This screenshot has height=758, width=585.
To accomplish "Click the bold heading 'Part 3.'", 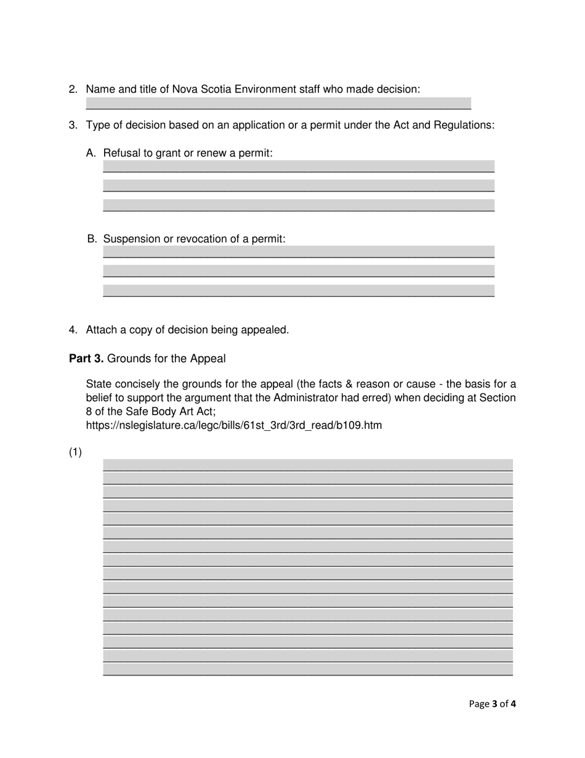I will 86,359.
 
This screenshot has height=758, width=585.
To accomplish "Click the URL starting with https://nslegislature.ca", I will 233,425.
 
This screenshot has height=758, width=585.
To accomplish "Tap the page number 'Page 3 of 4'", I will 492,704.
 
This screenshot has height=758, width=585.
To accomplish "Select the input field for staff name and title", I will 278,104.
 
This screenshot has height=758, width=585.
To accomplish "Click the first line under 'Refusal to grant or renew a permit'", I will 299,166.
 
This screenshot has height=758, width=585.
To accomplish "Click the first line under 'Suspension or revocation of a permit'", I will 299,252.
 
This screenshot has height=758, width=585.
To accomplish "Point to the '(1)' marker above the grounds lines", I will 75,453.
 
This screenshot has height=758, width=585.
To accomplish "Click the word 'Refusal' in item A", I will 122,153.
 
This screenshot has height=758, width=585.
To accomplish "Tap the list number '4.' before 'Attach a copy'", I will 73,330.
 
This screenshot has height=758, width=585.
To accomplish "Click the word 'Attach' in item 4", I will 102,330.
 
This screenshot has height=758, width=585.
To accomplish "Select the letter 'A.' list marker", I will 92,153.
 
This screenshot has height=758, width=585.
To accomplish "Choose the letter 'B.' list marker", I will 92,238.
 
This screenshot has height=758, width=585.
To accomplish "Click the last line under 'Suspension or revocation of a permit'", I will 299,291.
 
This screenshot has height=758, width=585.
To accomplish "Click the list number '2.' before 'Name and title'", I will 73,89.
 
